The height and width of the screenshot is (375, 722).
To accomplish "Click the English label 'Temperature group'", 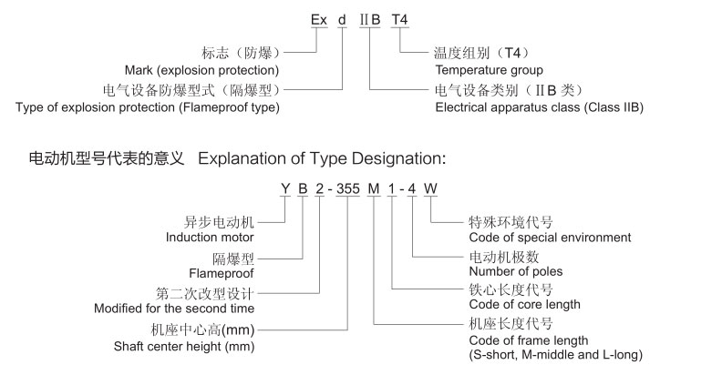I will pos(489,70).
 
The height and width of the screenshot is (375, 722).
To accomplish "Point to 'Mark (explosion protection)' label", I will pos(201,70).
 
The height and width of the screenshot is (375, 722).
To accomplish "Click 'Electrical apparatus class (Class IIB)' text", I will pos(540,107).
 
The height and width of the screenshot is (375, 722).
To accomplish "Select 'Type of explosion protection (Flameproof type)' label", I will pos(148,107).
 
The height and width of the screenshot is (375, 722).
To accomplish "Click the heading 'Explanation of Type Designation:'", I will pos(321,158).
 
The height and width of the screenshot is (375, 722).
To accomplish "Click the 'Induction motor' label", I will pos(209,238).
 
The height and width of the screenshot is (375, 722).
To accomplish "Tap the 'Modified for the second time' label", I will pos(174,309).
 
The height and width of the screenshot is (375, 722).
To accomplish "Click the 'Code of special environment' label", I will pos(549,238).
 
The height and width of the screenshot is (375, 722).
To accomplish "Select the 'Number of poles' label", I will pos(515,271).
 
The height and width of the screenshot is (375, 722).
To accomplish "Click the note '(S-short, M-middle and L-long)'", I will pos(555,353).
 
